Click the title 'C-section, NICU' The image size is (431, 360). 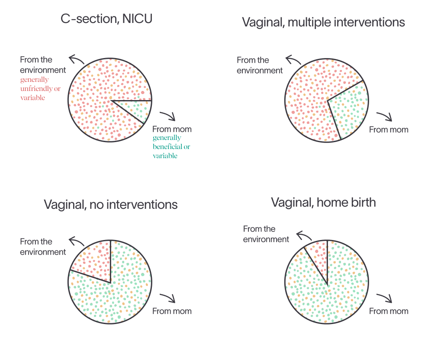pyautogui.click(x=106, y=19)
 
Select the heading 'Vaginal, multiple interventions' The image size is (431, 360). pyautogui.click(x=323, y=22)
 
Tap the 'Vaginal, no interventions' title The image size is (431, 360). pyautogui.click(x=110, y=205)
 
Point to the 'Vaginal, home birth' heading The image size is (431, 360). pyautogui.click(x=323, y=203)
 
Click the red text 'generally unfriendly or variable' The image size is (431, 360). pyautogui.click(x=40, y=89)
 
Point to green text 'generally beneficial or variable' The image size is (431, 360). pyautogui.click(x=171, y=147)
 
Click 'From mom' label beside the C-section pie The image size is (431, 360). pyautogui.click(x=172, y=130)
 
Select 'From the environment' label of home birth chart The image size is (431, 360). pyautogui.click(x=266, y=234)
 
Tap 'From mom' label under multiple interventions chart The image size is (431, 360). pyautogui.click(x=389, y=130)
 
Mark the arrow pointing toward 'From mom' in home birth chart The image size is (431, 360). pyautogui.click(x=385, y=298)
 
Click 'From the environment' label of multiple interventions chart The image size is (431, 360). pyautogui.click(x=260, y=65)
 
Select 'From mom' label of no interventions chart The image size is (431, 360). pyautogui.click(x=172, y=311)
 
